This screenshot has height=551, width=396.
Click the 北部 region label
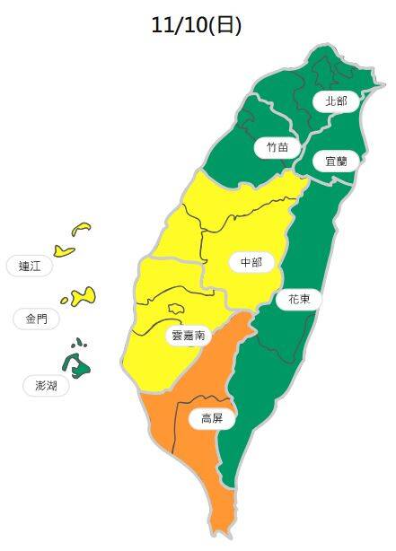(x=335, y=101)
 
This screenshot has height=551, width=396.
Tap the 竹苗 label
(x=277, y=146)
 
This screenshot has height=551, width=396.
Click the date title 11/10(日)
(x=198, y=26)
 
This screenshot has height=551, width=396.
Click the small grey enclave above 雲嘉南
(x=176, y=308)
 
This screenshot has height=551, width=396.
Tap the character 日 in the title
(x=224, y=26)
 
